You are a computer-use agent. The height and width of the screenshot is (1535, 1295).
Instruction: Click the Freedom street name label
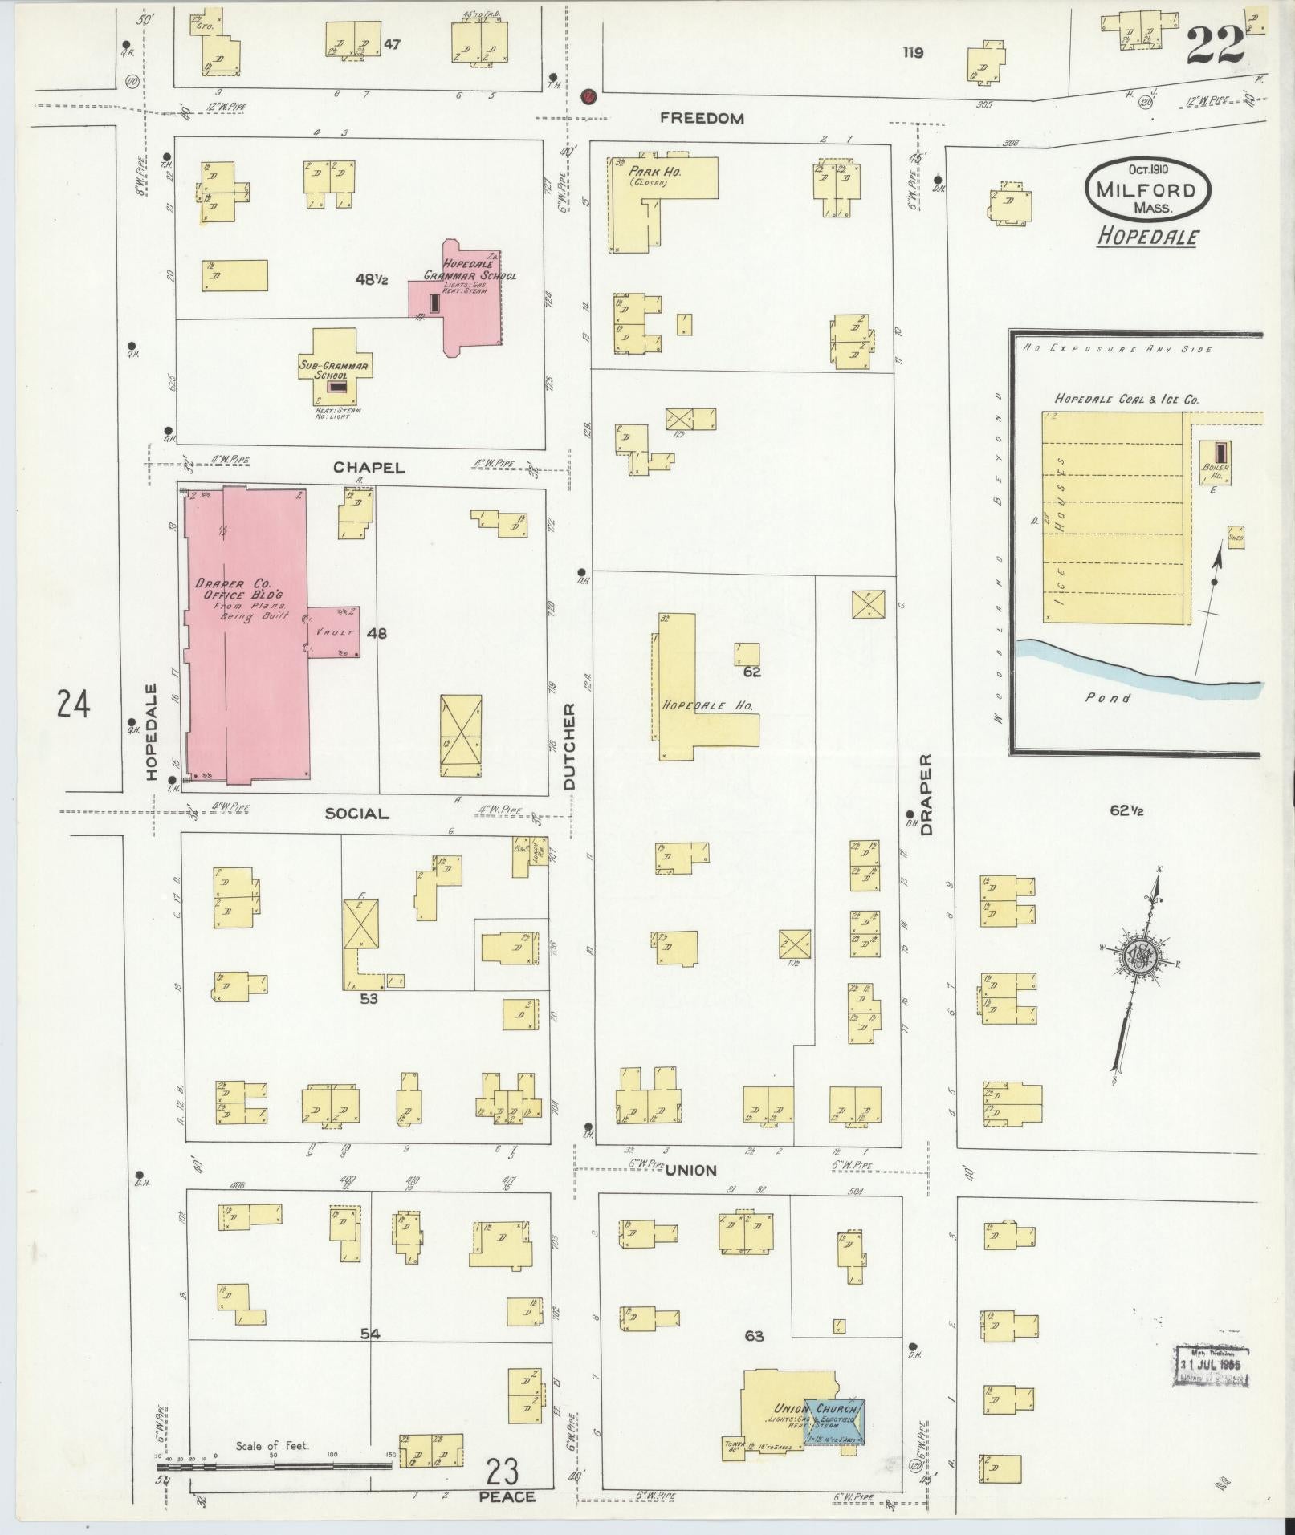702,118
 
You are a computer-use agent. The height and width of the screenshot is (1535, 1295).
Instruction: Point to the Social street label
356,814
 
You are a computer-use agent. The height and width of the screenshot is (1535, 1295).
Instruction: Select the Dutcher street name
569,747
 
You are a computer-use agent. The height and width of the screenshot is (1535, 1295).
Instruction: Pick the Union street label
691,1171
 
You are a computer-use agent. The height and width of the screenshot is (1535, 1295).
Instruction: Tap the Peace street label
507,1497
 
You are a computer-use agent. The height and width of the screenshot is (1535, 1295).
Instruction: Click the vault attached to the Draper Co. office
334,632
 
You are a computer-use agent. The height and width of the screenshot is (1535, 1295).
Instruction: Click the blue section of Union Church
840,1421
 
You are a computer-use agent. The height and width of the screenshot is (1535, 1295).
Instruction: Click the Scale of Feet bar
273,1464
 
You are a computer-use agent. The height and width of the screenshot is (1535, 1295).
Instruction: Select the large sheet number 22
1215,47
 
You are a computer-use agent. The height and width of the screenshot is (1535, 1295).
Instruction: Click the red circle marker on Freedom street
588,96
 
